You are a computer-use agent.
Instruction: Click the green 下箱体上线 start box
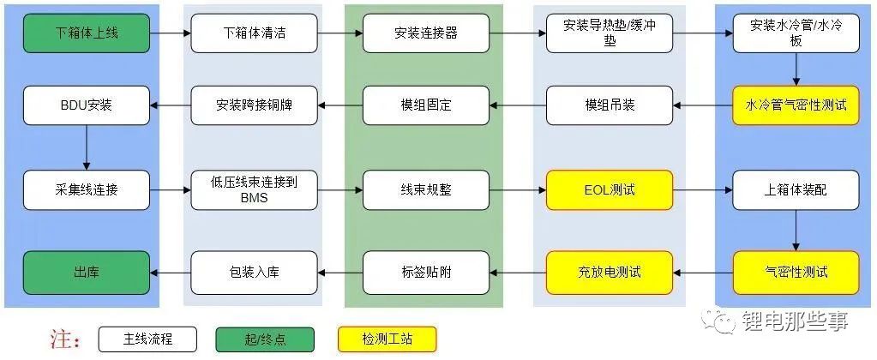86,33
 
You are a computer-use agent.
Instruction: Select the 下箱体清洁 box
255,33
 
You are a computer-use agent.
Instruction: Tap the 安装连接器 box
426,33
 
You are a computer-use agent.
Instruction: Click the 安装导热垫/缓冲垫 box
610,33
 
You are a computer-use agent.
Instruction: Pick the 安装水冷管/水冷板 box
796,33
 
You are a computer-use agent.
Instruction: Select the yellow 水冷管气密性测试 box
796,105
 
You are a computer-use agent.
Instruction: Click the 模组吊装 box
610,105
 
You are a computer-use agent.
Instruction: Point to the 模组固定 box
426,105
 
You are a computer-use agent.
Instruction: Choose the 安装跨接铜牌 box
255,105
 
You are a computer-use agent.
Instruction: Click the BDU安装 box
86,105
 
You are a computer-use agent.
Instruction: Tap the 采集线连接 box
86,189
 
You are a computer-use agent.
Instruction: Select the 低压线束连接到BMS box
255,189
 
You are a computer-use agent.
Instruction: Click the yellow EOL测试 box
610,189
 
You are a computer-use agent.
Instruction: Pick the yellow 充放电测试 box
610,273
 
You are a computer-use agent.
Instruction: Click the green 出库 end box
86,273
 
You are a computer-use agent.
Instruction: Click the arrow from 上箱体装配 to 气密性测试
796,231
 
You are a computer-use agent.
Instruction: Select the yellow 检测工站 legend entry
387,339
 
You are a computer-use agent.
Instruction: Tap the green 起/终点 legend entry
265,339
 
